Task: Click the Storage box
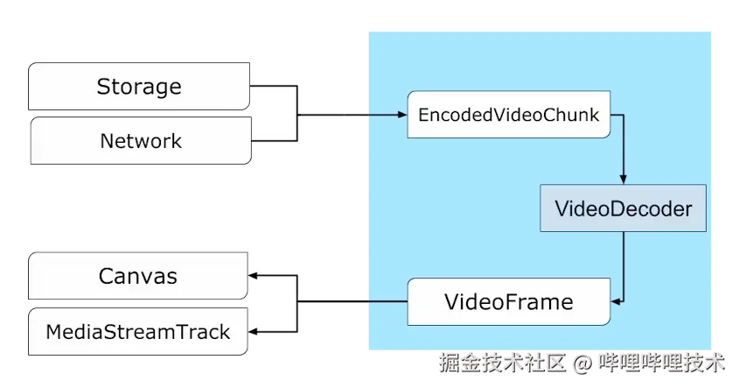point(139,87)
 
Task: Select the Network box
point(140,141)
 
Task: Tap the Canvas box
point(138,277)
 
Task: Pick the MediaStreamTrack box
point(138,332)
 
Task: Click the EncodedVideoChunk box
point(509,115)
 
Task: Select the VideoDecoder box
point(623,208)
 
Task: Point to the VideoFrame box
point(509,302)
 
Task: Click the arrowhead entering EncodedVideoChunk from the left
point(401,115)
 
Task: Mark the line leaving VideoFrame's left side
point(386,302)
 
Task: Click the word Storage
point(139,87)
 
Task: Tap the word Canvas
point(138,277)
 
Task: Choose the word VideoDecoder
point(623,208)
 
